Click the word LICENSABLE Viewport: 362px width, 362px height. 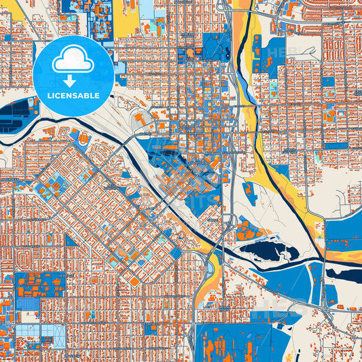(x=73, y=96)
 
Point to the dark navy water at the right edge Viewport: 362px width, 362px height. (x=343, y=274)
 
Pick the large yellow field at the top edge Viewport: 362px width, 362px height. (x=126, y=19)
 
